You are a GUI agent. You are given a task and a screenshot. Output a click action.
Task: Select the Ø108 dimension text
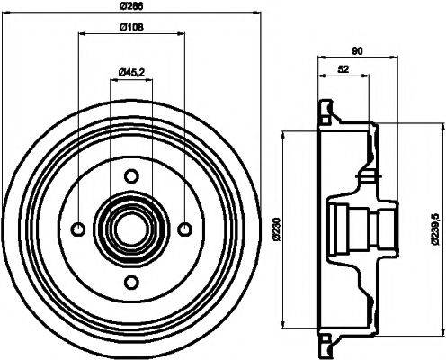(132, 26)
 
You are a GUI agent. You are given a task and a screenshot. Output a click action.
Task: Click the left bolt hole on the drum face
(78, 226)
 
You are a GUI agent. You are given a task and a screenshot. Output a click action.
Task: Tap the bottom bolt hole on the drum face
(131, 280)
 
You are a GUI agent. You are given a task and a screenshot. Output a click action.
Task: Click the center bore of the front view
(131, 226)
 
